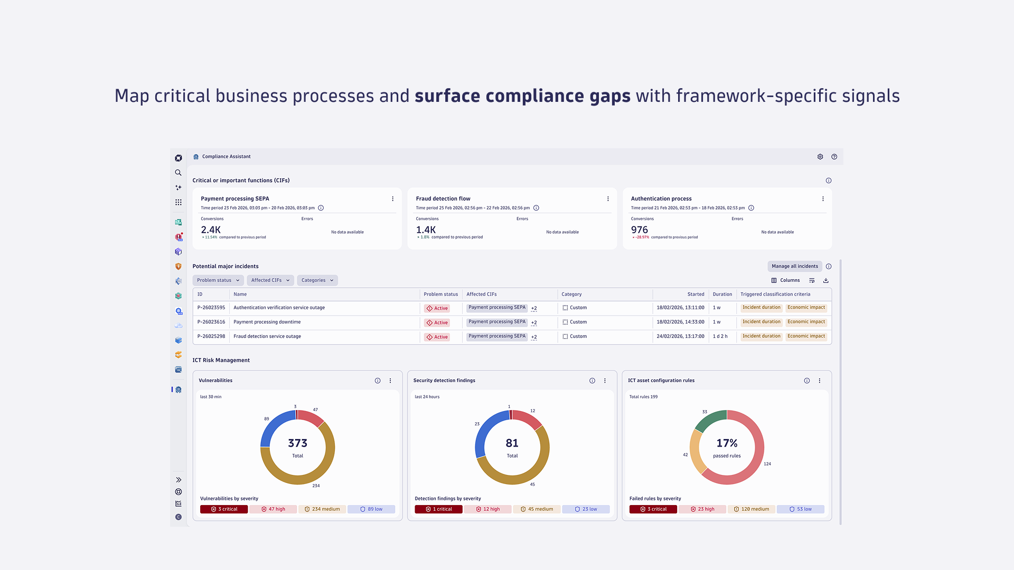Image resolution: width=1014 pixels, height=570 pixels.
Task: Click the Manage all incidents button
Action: [794, 266]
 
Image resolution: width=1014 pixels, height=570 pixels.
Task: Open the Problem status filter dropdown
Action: [218, 280]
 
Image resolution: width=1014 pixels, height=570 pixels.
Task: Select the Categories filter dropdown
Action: [317, 280]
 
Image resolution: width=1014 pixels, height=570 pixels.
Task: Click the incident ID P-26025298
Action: [211, 336]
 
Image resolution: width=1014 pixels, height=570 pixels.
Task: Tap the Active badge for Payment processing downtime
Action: [437, 322]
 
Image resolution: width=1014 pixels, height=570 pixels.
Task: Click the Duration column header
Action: [722, 294]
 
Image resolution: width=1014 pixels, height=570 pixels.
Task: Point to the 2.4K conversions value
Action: [211, 230]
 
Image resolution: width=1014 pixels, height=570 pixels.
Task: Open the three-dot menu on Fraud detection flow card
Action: [608, 199]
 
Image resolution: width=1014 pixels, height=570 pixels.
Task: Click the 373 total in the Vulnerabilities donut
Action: [297, 443]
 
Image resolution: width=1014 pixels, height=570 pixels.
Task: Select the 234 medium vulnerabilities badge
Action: [322, 509]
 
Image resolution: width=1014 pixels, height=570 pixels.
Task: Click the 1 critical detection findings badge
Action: [438, 509]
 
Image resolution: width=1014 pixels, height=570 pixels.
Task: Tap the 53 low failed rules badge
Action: [800, 509]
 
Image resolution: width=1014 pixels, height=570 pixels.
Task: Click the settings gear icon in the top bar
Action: [820, 157]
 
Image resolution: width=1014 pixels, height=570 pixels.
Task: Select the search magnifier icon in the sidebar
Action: [179, 173]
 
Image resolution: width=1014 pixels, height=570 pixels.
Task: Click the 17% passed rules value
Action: [727, 443]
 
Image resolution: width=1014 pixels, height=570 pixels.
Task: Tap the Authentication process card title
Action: [661, 199]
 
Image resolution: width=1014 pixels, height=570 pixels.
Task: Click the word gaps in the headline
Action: [610, 96]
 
